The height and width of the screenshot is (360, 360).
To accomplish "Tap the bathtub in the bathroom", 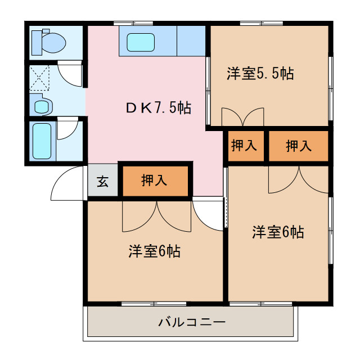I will coord(42,141).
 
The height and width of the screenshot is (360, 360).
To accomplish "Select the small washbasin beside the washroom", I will coord(43,105).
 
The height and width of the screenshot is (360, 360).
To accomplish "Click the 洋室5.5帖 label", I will coord(260,74).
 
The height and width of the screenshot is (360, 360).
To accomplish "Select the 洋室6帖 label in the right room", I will coord(278,231).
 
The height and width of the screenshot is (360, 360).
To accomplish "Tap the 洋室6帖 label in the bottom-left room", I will coord(154,251).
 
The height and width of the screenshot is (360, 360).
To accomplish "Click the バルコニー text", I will coord(191,323).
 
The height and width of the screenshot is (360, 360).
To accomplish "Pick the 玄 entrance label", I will coord(102,181).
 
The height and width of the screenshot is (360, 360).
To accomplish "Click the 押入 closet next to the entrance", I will coord(154,181).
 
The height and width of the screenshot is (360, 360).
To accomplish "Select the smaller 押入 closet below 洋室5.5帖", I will coord(244,146).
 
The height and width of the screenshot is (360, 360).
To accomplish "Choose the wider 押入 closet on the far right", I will coord(298,146).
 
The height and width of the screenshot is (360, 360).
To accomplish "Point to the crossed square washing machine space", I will coord(40,78).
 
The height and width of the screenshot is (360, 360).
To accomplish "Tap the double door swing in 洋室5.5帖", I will coord(242,116).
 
